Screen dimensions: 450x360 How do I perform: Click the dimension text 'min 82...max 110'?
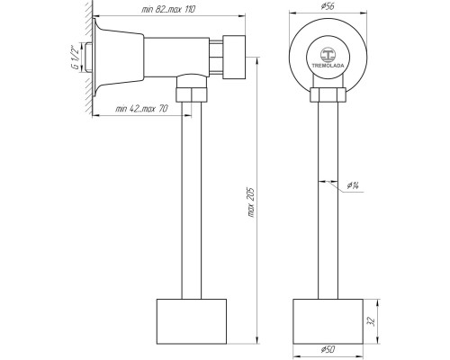168,9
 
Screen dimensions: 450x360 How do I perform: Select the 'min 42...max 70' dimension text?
141,109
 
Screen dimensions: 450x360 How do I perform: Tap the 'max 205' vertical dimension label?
251,202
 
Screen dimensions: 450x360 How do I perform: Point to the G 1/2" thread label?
76,58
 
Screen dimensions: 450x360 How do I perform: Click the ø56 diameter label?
328,6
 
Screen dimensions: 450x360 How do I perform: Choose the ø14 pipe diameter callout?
353,185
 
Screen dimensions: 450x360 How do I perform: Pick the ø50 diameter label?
328,349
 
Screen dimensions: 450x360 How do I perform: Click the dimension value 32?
371,321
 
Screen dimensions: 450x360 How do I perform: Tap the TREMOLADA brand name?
328,66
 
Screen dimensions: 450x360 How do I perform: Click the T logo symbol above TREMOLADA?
328,55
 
